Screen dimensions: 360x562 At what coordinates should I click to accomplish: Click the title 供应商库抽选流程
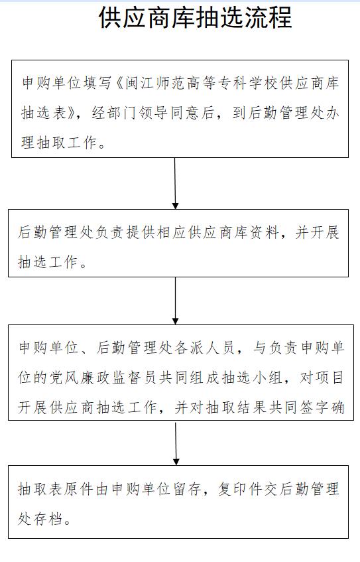point(195,17)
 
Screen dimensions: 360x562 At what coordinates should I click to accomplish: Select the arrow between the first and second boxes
point(175,183)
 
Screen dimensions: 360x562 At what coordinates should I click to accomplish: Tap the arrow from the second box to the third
point(175,301)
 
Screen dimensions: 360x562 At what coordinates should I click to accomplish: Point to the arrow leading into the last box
point(176,444)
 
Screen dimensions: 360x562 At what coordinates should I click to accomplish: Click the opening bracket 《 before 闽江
point(118,83)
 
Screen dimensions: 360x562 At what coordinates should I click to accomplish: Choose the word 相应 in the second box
point(171,233)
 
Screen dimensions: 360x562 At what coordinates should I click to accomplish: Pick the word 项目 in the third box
point(329,378)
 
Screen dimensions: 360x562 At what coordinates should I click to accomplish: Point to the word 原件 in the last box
point(78,489)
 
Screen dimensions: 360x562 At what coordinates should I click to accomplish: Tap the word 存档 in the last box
point(48,519)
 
